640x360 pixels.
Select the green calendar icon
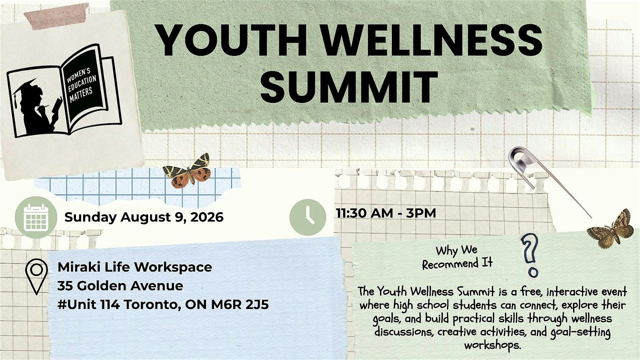point(36,217)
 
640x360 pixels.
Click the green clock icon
point(308,217)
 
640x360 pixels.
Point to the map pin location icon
point(36,276)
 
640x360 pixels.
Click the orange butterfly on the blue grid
point(187,171)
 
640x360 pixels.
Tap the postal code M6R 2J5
point(240,305)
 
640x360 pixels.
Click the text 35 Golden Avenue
point(120,285)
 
